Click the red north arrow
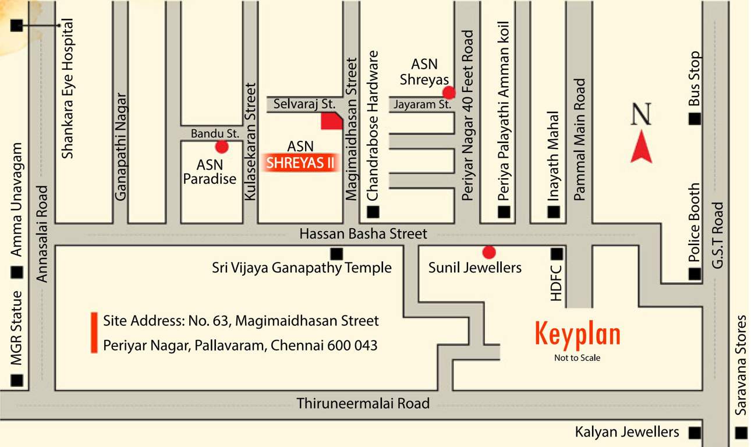(x=642, y=147)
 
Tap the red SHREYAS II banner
(x=301, y=163)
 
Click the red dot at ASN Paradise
(x=222, y=147)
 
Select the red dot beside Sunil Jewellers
(x=489, y=252)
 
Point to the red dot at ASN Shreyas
(x=448, y=93)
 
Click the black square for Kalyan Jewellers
(x=695, y=433)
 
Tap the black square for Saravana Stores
(x=741, y=433)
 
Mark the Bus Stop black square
(x=695, y=119)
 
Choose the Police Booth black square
(x=695, y=274)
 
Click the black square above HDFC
(x=557, y=254)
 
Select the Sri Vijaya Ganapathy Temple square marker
(x=336, y=254)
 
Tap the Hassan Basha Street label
(x=363, y=234)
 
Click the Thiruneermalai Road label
(x=363, y=403)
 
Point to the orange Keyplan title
(x=578, y=335)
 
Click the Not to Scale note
(x=577, y=358)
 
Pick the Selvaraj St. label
(x=304, y=104)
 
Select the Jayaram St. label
(x=422, y=105)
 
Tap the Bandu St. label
(x=215, y=134)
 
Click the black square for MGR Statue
(x=17, y=381)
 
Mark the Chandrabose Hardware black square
(x=373, y=212)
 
